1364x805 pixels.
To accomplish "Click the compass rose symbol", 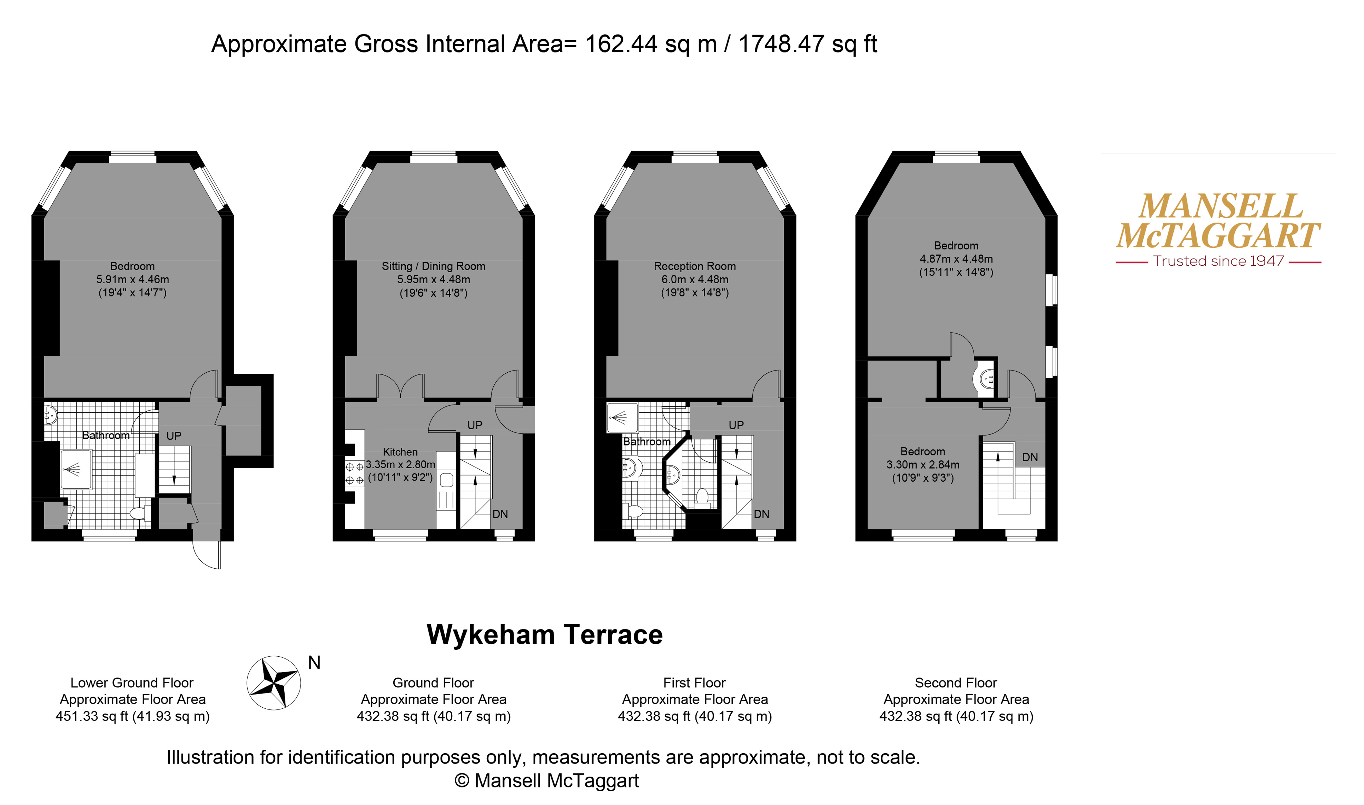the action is [x=274, y=683].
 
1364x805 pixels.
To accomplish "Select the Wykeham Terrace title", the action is [x=544, y=635].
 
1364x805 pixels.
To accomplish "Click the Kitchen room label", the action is [x=400, y=452].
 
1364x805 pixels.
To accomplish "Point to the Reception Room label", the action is [x=695, y=266].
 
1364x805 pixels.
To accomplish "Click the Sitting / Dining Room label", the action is [x=433, y=266].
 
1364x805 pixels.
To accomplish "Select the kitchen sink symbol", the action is [x=446, y=480].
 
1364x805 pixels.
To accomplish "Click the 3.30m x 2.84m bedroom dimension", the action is [x=922, y=465].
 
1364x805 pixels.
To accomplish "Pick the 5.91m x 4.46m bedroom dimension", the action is [x=133, y=279].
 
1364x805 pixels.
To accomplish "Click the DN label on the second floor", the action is [x=1030, y=457].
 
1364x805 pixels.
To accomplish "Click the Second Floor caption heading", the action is [x=956, y=683].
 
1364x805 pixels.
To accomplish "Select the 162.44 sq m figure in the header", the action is [x=651, y=44].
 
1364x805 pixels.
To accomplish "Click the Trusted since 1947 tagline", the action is [x=1219, y=261].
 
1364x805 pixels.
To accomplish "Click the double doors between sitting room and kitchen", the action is [x=400, y=386].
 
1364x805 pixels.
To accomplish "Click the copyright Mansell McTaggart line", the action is [x=547, y=781].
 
